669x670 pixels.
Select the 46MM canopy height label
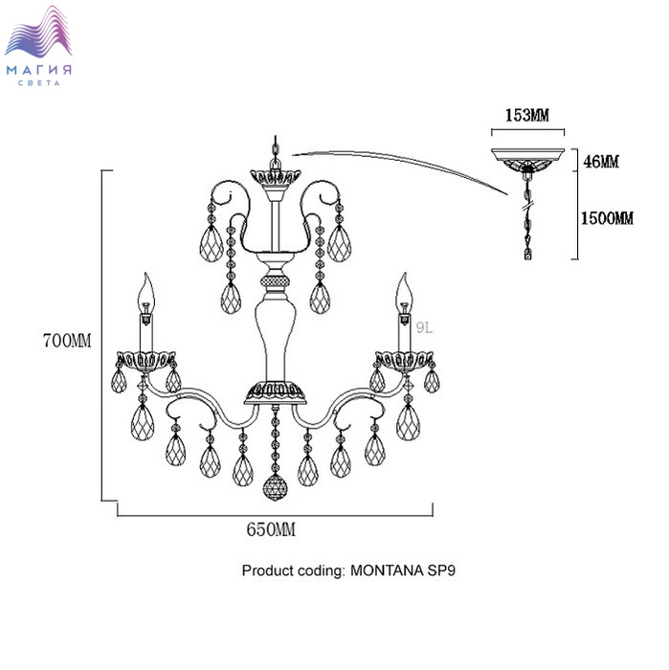tap(601, 162)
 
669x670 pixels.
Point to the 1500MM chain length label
tap(607, 218)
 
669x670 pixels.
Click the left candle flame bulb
tap(147, 286)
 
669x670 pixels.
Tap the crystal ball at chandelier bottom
tap(275, 487)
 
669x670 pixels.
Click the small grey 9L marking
tap(424, 326)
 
